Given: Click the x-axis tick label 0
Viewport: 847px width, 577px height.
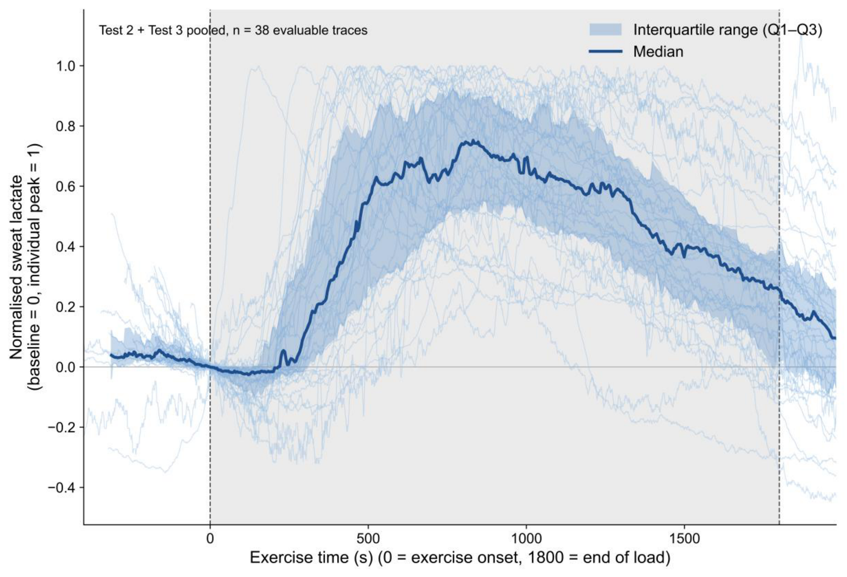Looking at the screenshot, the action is click(210, 538).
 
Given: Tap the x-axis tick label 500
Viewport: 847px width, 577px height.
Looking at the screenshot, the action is click(368, 538).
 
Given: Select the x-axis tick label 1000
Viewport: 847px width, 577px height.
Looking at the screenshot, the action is click(526, 538).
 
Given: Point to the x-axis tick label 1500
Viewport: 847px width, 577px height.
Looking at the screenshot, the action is click(685, 538).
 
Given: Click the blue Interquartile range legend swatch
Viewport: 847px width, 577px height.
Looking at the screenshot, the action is click(605, 29).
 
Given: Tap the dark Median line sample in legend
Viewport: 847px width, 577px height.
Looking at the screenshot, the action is click(605, 51).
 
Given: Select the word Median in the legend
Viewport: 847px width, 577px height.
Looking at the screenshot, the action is click(658, 52).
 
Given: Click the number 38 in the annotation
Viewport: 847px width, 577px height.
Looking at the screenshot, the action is click(261, 30).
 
